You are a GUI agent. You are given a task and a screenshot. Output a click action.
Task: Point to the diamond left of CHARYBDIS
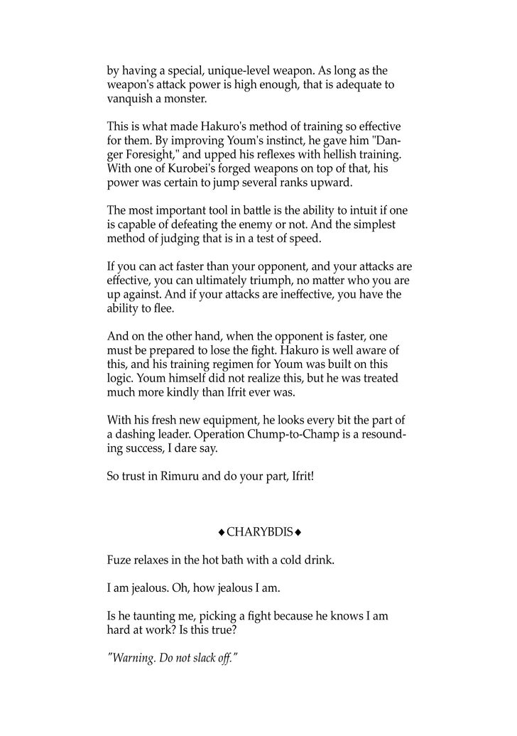[222, 533]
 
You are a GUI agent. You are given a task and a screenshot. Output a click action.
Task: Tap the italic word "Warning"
[135, 659]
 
